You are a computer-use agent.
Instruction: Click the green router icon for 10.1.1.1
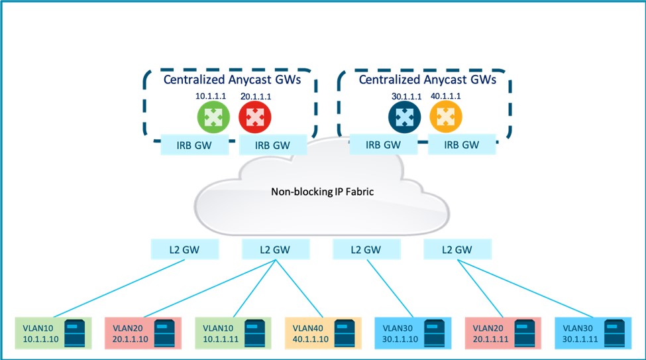(211, 117)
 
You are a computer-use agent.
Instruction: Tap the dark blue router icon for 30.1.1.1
(402, 117)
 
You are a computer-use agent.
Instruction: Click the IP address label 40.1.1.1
(445, 95)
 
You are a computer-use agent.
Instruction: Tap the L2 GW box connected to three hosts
(275, 250)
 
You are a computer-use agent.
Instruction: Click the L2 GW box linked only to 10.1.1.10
(182, 250)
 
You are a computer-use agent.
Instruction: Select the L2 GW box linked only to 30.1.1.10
(365, 250)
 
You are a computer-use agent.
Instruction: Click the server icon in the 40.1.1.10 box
(343, 333)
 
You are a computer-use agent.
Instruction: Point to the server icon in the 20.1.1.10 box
(164, 333)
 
